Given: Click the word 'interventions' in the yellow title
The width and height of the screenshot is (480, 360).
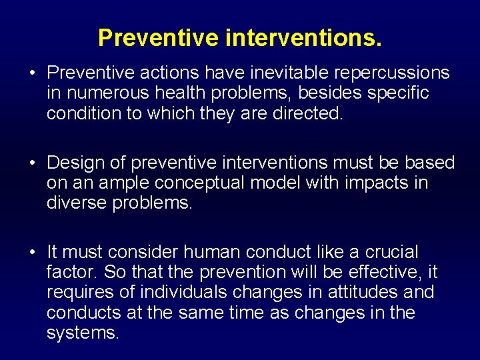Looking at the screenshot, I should coord(303,38).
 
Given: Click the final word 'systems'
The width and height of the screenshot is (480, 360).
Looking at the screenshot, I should coord(81,333).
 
